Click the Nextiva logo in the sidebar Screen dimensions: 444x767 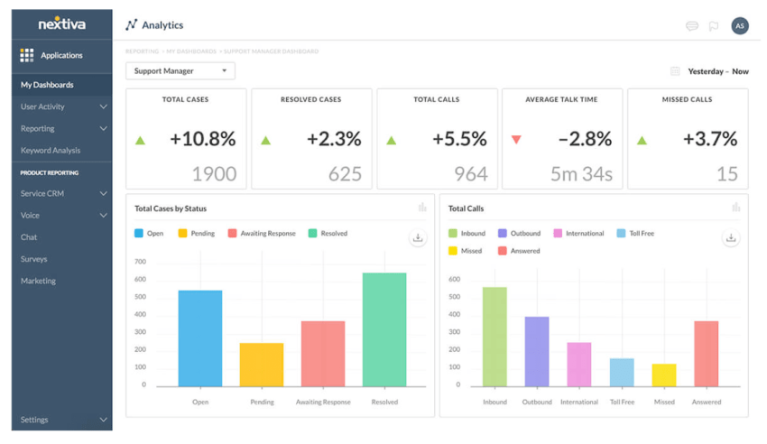[x=61, y=23]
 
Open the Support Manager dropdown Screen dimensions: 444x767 [x=180, y=71]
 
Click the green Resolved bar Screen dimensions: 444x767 [x=384, y=329]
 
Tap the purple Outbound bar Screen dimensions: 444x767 [x=537, y=351]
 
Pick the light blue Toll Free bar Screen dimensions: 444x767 [x=622, y=372]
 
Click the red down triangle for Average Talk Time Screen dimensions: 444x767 [x=516, y=140]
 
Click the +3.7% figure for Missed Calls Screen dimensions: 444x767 [x=710, y=139]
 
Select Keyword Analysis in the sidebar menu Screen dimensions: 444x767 [x=51, y=151]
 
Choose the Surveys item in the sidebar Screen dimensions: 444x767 [x=34, y=259]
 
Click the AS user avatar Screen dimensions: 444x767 [x=740, y=26]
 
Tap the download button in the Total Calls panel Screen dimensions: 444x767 [x=731, y=238]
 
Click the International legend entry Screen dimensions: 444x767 [x=579, y=234]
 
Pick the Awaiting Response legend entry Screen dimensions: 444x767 [x=262, y=234]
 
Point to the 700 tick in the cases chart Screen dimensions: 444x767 [x=140, y=262]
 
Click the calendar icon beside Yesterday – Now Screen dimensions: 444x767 [x=675, y=71]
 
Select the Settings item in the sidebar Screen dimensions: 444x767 [x=35, y=420]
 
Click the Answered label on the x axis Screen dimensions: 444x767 [x=706, y=402]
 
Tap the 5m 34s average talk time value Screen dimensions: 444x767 [x=581, y=173]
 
